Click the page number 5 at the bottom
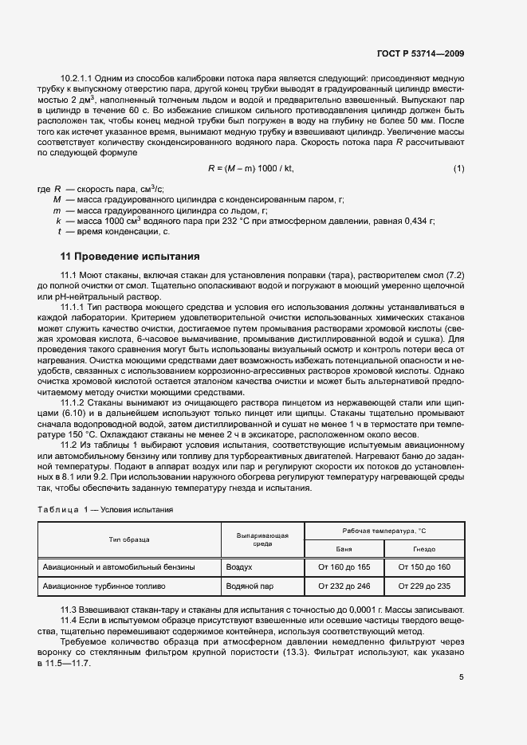(x=461, y=677)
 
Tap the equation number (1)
(x=458, y=168)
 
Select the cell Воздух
(x=239, y=567)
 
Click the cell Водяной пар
(x=250, y=586)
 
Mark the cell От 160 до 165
(x=344, y=567)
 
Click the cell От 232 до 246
(x=344, y=586)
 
